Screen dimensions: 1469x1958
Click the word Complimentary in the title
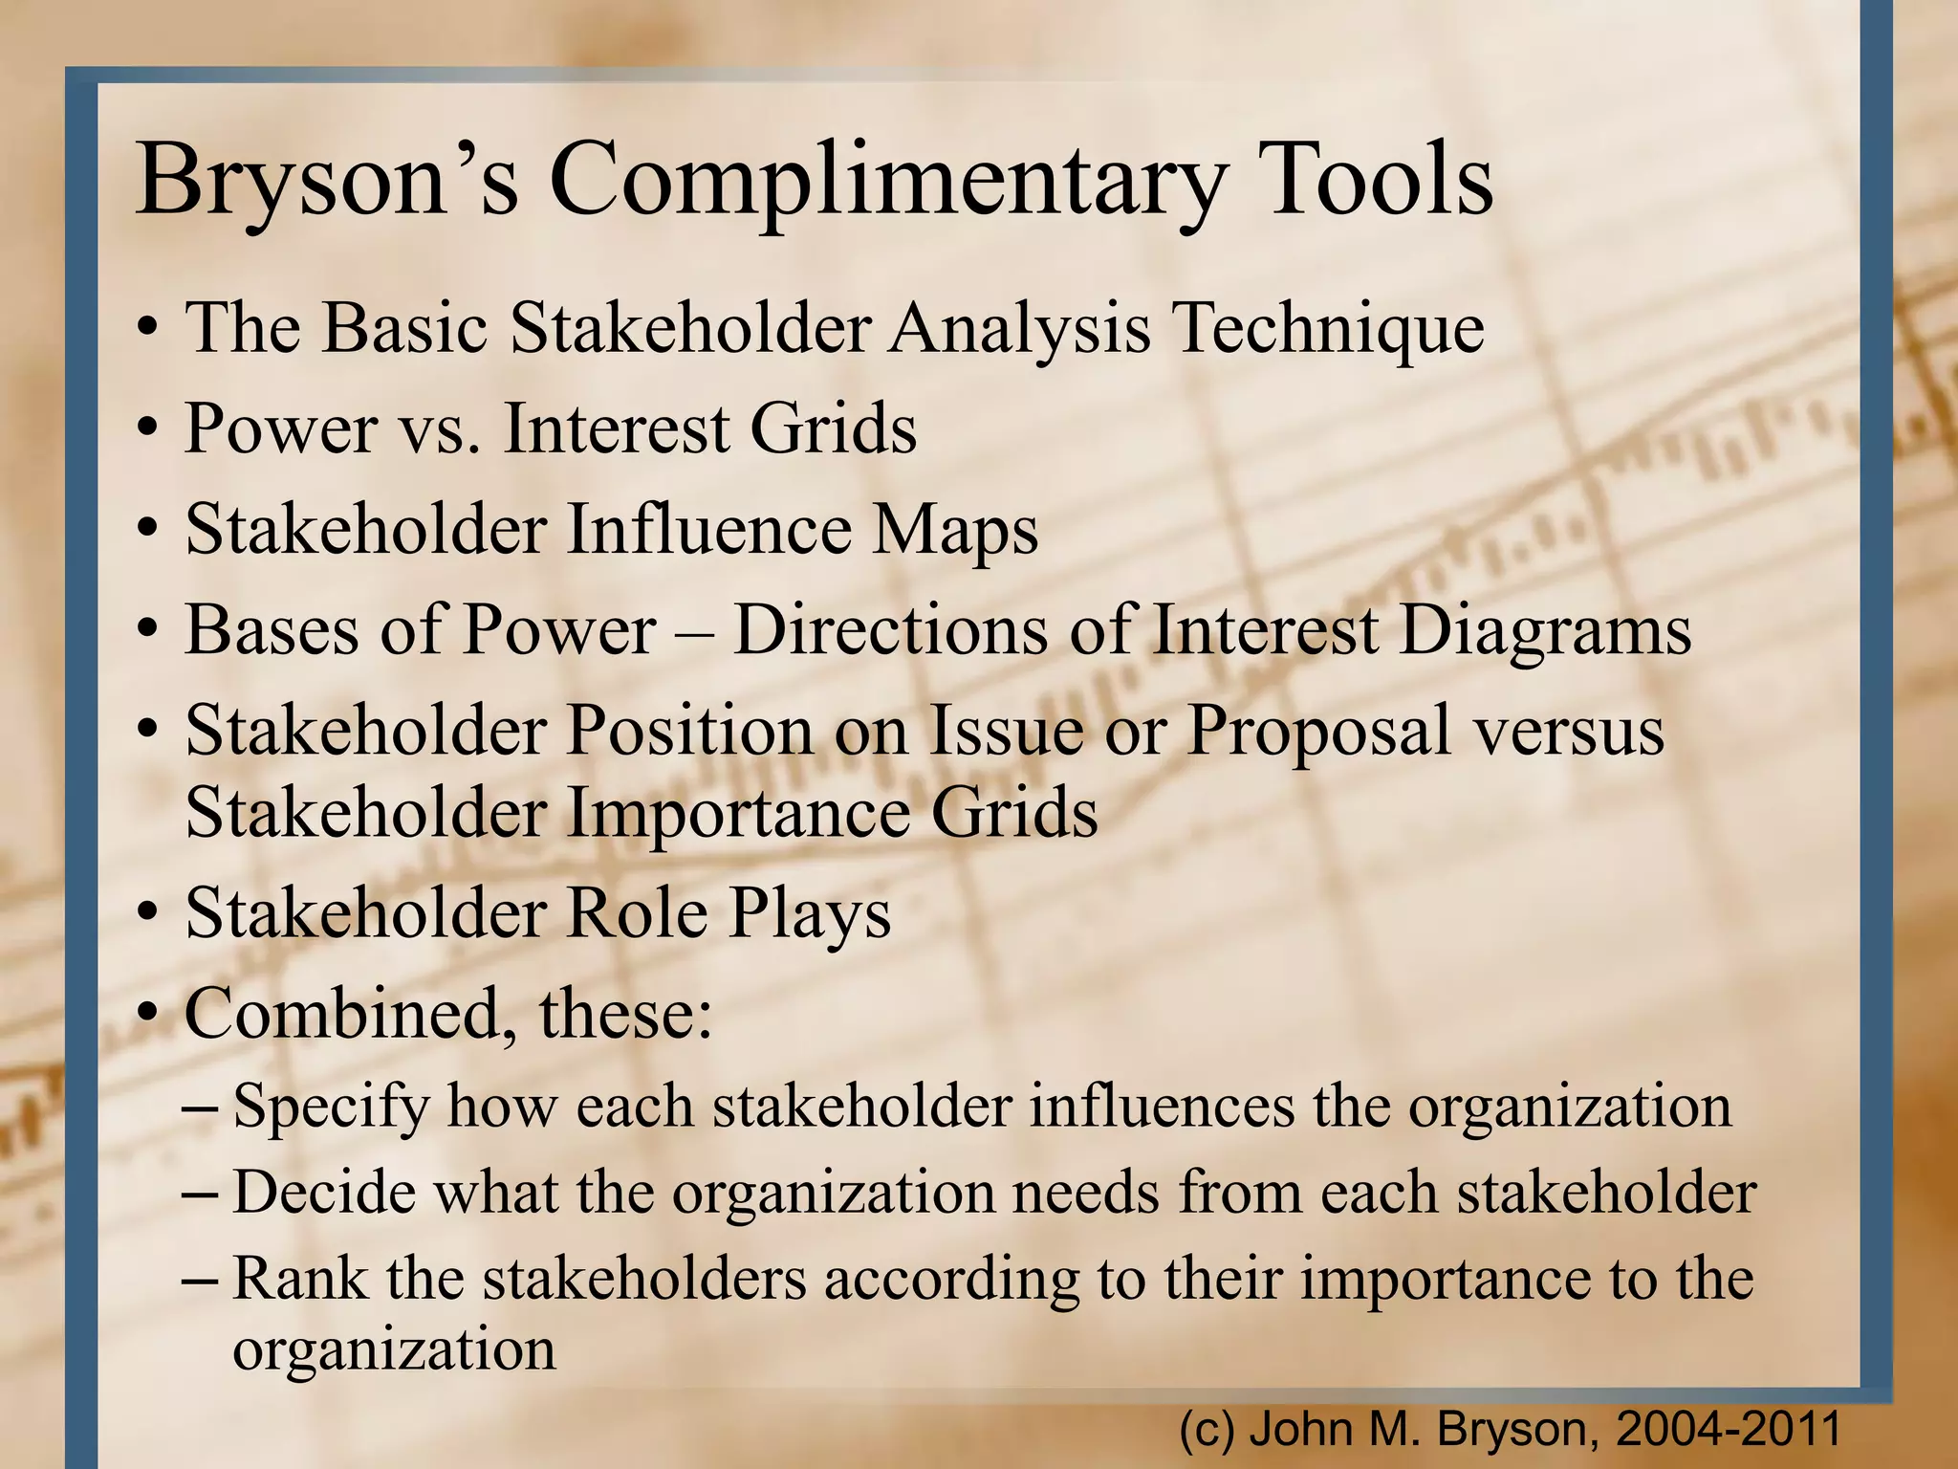[887, 182]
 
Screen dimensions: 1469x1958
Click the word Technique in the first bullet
[1329, 328]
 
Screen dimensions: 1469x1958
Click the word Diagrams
[1545, 632]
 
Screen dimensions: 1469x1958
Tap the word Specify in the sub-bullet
[331, 1107]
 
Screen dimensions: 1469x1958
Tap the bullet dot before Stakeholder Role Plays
[146, 915]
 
